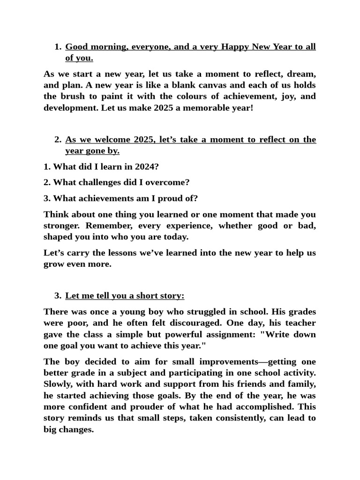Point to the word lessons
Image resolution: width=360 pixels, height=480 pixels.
(112, 253)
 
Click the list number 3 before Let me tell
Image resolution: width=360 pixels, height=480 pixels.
(57, 296)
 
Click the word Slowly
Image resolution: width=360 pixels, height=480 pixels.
(57, 384)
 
